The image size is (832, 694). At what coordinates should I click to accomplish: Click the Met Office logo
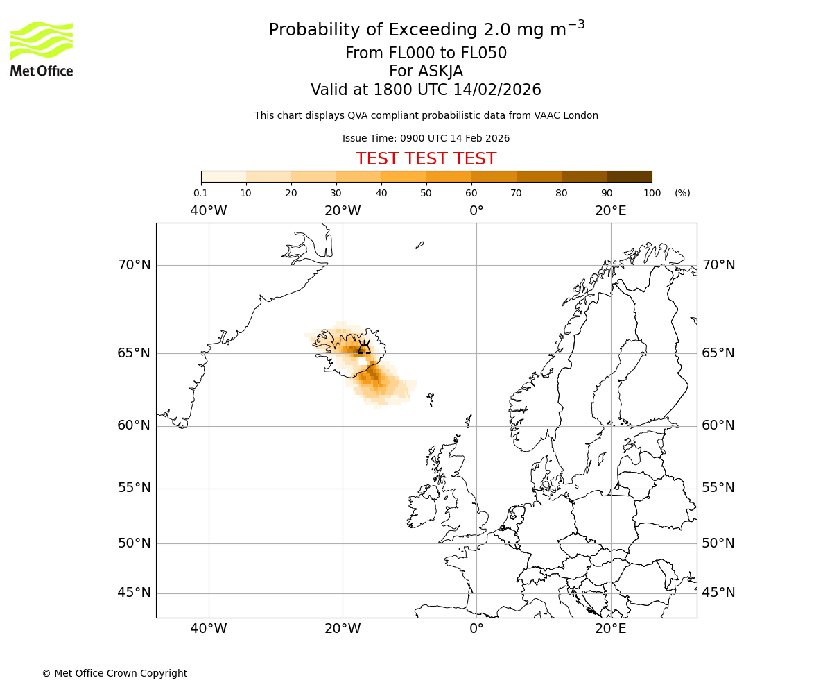[x=42, y=49]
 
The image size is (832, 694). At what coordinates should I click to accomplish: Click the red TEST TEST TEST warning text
[x=426, y=159]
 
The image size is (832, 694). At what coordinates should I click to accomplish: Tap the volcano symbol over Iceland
[x=363, y=348]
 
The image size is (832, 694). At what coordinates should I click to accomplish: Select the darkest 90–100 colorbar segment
[x=629, y=176]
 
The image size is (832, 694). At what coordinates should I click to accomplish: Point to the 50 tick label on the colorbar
[x=426, y=193]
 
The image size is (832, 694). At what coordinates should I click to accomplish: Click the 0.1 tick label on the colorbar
[x=200, y=193]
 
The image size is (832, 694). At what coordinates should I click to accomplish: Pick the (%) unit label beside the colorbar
[x=682, y=193]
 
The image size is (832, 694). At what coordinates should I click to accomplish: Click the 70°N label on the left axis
[x=134, y=264]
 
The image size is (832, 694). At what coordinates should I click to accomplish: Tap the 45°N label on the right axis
[x=718, y=592]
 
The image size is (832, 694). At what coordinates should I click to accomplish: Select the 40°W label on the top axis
[x=209, y=211]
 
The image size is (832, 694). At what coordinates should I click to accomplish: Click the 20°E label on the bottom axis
[x=610, y=628]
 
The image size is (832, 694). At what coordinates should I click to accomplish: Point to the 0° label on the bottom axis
[x=476, y=628]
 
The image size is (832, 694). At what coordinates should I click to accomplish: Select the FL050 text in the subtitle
[x=484, y=53]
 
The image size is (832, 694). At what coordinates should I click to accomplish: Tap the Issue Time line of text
[x=426, y=138]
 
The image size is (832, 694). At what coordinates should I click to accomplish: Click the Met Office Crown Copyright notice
[x=114, y=673]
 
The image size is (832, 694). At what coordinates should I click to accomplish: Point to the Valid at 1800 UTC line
[x=426, y=90]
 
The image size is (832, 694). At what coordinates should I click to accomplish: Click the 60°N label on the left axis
[x=134, y=425]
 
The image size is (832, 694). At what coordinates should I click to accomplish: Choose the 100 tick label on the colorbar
[x=652, y=193]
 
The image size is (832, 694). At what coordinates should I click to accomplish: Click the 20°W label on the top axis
[x=343, y=211]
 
